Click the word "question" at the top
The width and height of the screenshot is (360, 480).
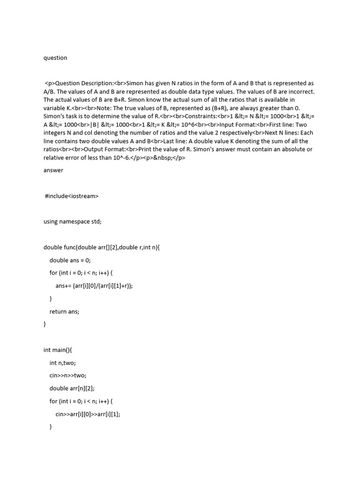coord(55,58)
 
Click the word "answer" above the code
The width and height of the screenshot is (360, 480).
coord(53,170)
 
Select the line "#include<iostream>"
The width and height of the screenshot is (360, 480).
coord(72,196)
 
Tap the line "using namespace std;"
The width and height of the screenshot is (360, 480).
coord(72,222)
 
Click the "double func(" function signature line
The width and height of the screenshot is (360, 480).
coord(102,247)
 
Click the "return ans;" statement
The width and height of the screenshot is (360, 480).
coord(64,311)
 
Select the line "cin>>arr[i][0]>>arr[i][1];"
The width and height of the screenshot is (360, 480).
coord(88,414)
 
